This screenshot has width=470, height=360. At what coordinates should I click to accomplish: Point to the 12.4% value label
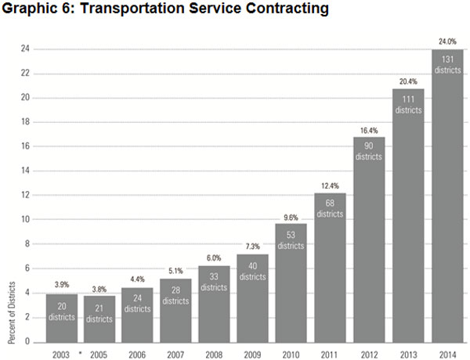coord(329,185)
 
